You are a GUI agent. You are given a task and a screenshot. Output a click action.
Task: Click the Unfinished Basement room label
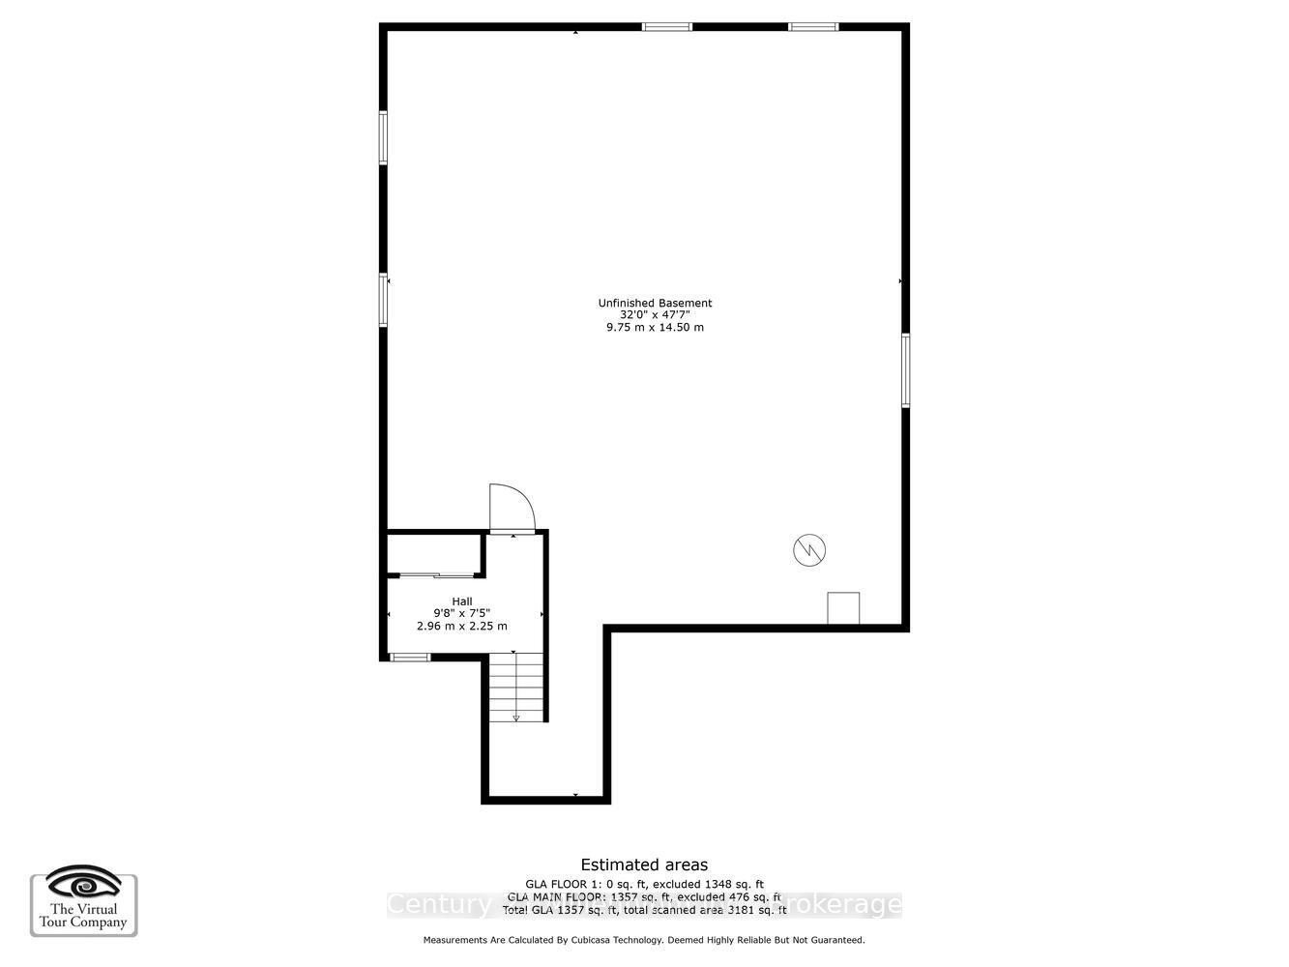pos(655,304)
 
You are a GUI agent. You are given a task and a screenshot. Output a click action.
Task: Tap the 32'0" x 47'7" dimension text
pos(655,315)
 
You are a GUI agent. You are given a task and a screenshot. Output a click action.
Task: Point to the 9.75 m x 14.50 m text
pos(655,328)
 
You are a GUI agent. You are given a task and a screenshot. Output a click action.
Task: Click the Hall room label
pos(462,601)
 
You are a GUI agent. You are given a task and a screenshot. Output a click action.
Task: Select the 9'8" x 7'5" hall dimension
pos(462,613)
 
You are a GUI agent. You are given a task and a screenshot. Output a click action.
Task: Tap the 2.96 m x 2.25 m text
pos(462,627)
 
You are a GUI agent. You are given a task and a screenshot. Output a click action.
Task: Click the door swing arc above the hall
pos(512,507)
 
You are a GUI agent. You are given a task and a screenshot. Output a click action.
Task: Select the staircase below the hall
pos(515,688)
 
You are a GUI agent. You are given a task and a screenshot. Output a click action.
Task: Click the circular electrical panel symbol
pos(809,550)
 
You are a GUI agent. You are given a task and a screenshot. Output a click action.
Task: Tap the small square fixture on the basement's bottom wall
pos(843,608)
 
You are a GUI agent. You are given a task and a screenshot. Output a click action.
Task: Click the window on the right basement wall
pos(906,370)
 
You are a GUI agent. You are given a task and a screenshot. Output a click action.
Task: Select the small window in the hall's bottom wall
pos(410,658)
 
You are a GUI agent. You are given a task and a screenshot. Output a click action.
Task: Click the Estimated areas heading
pos(644,865)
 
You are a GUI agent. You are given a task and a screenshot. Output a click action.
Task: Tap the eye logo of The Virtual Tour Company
pos(84,885)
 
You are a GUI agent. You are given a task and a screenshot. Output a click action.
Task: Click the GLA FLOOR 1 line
pos(644,884)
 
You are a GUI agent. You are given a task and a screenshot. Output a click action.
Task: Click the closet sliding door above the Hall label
pos(435,575)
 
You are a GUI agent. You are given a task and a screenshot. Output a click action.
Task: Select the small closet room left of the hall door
pos(434,552)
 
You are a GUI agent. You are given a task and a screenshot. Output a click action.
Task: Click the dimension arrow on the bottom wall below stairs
pos(576,796)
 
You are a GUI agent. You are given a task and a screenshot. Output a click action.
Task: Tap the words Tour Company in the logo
pos(84,923)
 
